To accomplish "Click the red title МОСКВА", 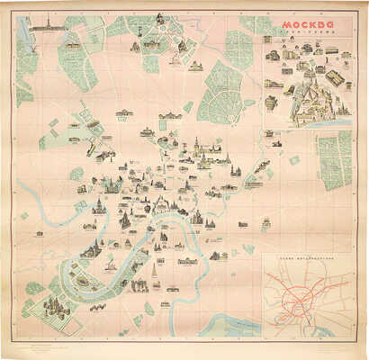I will click(x=307, y=24).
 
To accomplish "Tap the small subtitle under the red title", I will click(x=307, y=33).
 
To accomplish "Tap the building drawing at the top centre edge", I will click(x=159, y=19).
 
